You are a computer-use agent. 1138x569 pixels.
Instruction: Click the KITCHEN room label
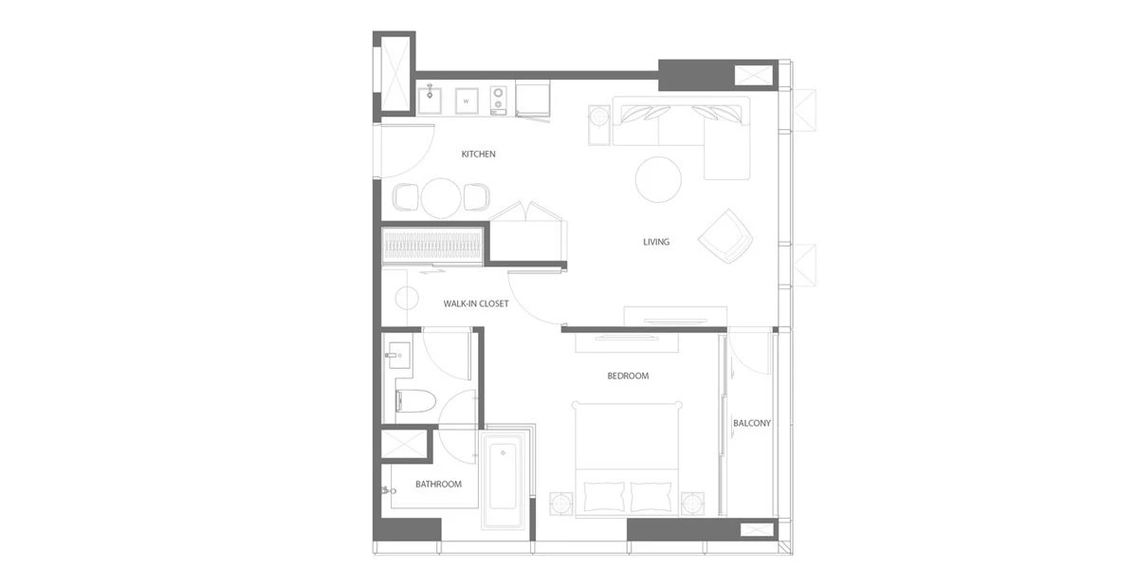tap(478, 154)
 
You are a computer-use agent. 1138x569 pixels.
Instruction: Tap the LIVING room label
tap(656, 242)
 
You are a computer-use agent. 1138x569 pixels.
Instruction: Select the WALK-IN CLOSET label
tap(475, 303)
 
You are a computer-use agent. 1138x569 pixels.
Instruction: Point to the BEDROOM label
tap(628, 376)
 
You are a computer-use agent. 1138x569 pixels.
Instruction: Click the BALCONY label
tap(751, 423)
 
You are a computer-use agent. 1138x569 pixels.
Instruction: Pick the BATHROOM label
tap(438, 485)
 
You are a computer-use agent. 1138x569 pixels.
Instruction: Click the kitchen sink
tap(430, 101)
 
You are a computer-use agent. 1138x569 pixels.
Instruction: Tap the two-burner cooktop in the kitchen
tap(499, 101)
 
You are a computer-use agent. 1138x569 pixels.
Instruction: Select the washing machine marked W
tap(467, 101)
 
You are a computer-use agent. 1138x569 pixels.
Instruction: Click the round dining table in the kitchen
tap(441, 198)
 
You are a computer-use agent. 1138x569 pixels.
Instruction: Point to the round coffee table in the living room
tap(658, 179)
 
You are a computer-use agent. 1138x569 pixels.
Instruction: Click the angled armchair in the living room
tap(726, 236)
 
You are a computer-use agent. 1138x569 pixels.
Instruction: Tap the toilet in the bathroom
tap(415, 402)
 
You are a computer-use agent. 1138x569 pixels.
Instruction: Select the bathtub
tap(503, 478)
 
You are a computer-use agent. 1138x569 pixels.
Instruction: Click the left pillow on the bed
tap(604, 496)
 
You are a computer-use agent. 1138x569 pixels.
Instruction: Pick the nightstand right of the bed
tap(693, 504)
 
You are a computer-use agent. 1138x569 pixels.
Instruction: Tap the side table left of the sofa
tap(599, 125)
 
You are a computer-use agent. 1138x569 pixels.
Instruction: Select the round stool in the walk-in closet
tap(407, 298)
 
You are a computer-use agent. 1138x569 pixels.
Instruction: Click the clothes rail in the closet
tap(431, 247)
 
